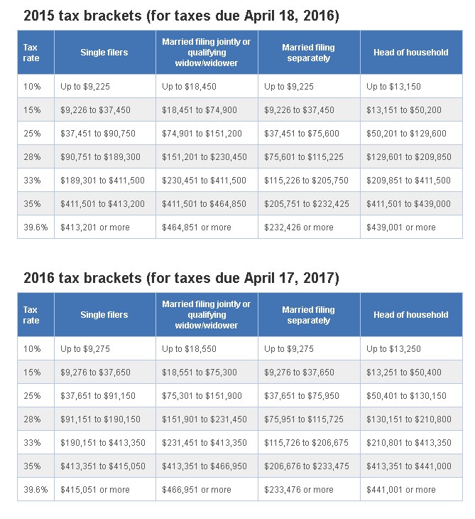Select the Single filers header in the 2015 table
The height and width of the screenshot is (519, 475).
click(104, 53)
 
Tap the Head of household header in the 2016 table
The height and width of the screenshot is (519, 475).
click(411, 315)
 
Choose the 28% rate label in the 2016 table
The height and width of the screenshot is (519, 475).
click(32, 419)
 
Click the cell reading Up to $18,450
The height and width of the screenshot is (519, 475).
click(189, 87)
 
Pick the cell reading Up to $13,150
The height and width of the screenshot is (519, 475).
click(393, 87)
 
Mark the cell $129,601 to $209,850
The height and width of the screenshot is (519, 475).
click(408, 157)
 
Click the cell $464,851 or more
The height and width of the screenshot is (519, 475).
click(197, 228)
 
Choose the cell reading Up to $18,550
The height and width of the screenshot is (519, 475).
click(189, 349)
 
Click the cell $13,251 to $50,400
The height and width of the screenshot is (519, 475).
click(403, 373)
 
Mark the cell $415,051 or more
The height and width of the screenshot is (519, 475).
click(95, 490)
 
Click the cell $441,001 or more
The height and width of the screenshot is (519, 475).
click(401, 490)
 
